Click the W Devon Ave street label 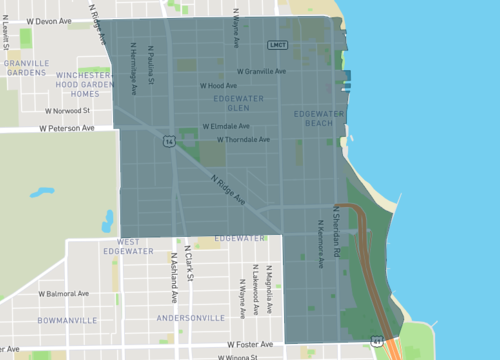click(x=52, y=20)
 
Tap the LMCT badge click(x=278, y=46)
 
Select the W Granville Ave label click(x=262, y=71)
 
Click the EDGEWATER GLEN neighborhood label click(x=235, y=103)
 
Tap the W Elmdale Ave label click(x=226, y=127)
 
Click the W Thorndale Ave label click(x=237, y=140)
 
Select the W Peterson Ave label click(x=67, y=129)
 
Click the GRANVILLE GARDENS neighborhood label click(x=25, y=68)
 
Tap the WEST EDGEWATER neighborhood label click(x=135, y=247)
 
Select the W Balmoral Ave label click(x=69, y=295)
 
